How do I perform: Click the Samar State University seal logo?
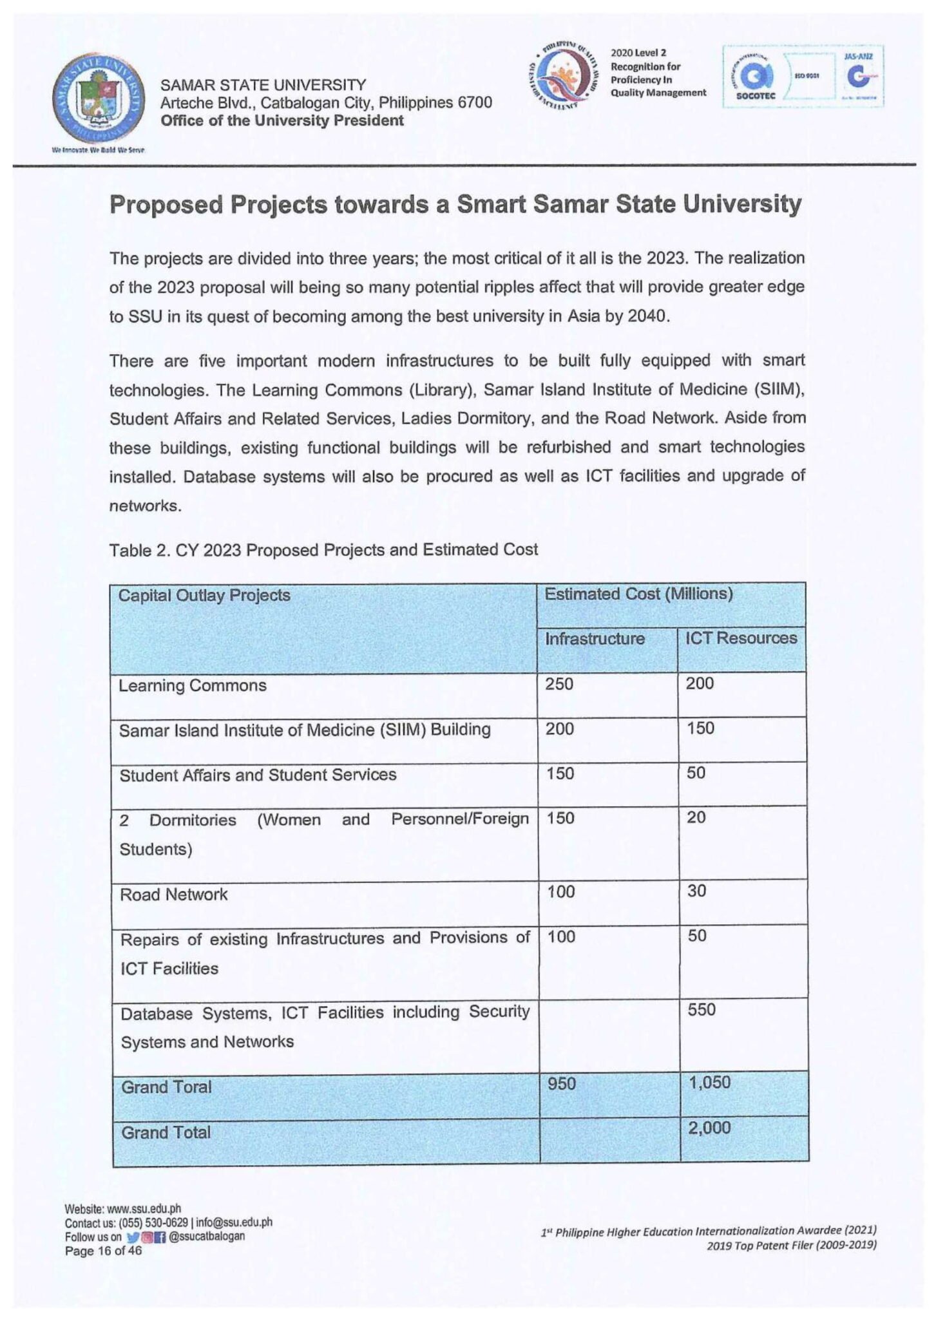98,99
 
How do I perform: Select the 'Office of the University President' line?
282,121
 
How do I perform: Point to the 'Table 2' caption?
323,550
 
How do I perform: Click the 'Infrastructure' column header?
594,639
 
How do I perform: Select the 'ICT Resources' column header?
740,638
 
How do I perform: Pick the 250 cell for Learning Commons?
559,684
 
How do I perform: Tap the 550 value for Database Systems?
701,1010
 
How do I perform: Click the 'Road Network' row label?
173,895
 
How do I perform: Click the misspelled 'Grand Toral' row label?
166,1087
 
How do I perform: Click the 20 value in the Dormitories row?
696,818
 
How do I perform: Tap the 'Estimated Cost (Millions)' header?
638,594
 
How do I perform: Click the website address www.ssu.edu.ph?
143,1209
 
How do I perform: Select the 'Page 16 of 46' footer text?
103,1251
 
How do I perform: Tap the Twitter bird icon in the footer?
133,1237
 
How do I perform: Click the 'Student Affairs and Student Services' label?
258,775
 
